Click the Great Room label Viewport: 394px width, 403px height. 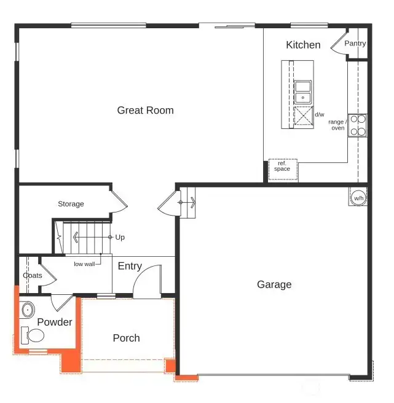pyautogui.click(x=145, y=111)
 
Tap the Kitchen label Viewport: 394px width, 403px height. pyautogui.click(x=303, y=45)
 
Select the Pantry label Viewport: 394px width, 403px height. pyautogui.click(x=355, y=44)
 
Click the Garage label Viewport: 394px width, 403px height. pyautogui.click(x=274, y=284)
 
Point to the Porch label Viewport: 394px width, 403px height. pyautogui.click(x=126, y=338)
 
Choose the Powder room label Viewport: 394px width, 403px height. pyautogui.click(x=55, y=323)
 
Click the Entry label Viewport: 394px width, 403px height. pyautogui.click(x=130, y=266)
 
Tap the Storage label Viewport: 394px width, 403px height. pyautogui.click(x=71, y=204)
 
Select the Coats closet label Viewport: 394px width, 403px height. pyautogui.click(x=33, y=275)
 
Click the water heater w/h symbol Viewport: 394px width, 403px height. pyautogui.click(x=358, y=198)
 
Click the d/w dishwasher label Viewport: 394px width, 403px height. pyautogui.click(x=320, y=114)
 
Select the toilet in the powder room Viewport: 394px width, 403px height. pyautogui.click(x=34, y=335)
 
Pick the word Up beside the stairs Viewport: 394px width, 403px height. pyautogui.click(x=120, y=237)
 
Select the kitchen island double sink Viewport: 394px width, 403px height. pyautogui.click(x=302, y=92)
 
